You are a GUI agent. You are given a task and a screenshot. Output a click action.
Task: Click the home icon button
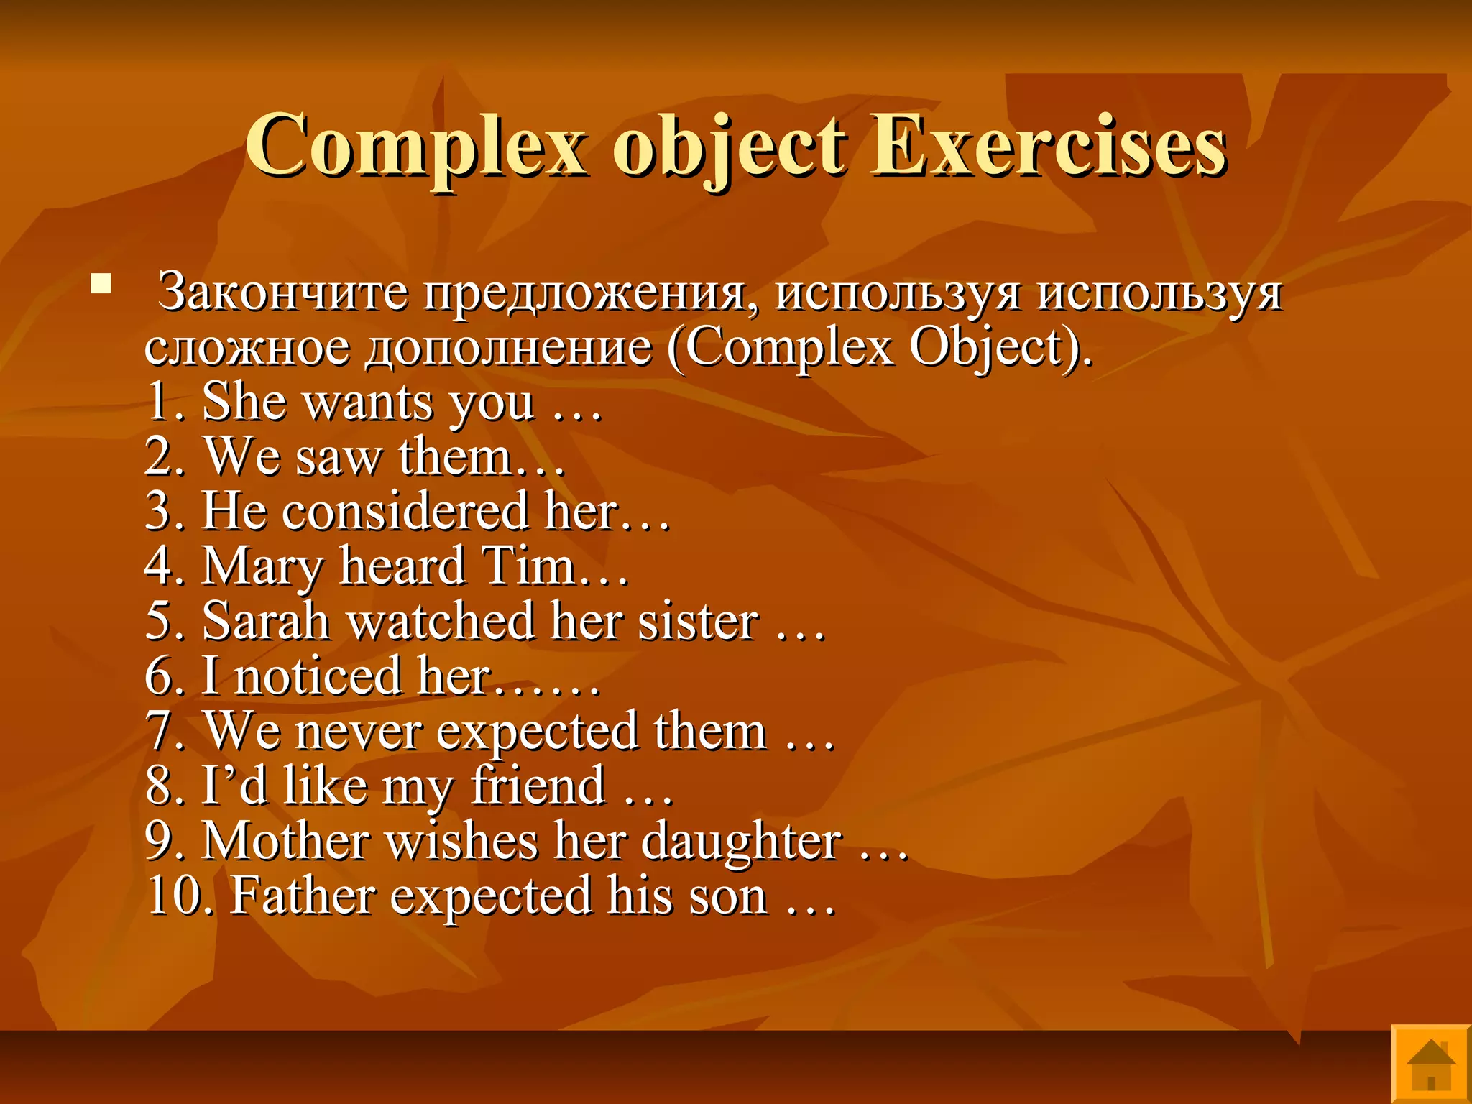tap(1431, 1063)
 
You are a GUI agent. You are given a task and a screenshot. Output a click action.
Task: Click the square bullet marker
tap(101, 285)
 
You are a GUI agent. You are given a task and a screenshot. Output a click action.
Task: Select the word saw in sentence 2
tap(338, 458)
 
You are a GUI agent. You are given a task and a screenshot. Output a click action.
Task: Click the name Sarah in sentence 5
tap(265, 621)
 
